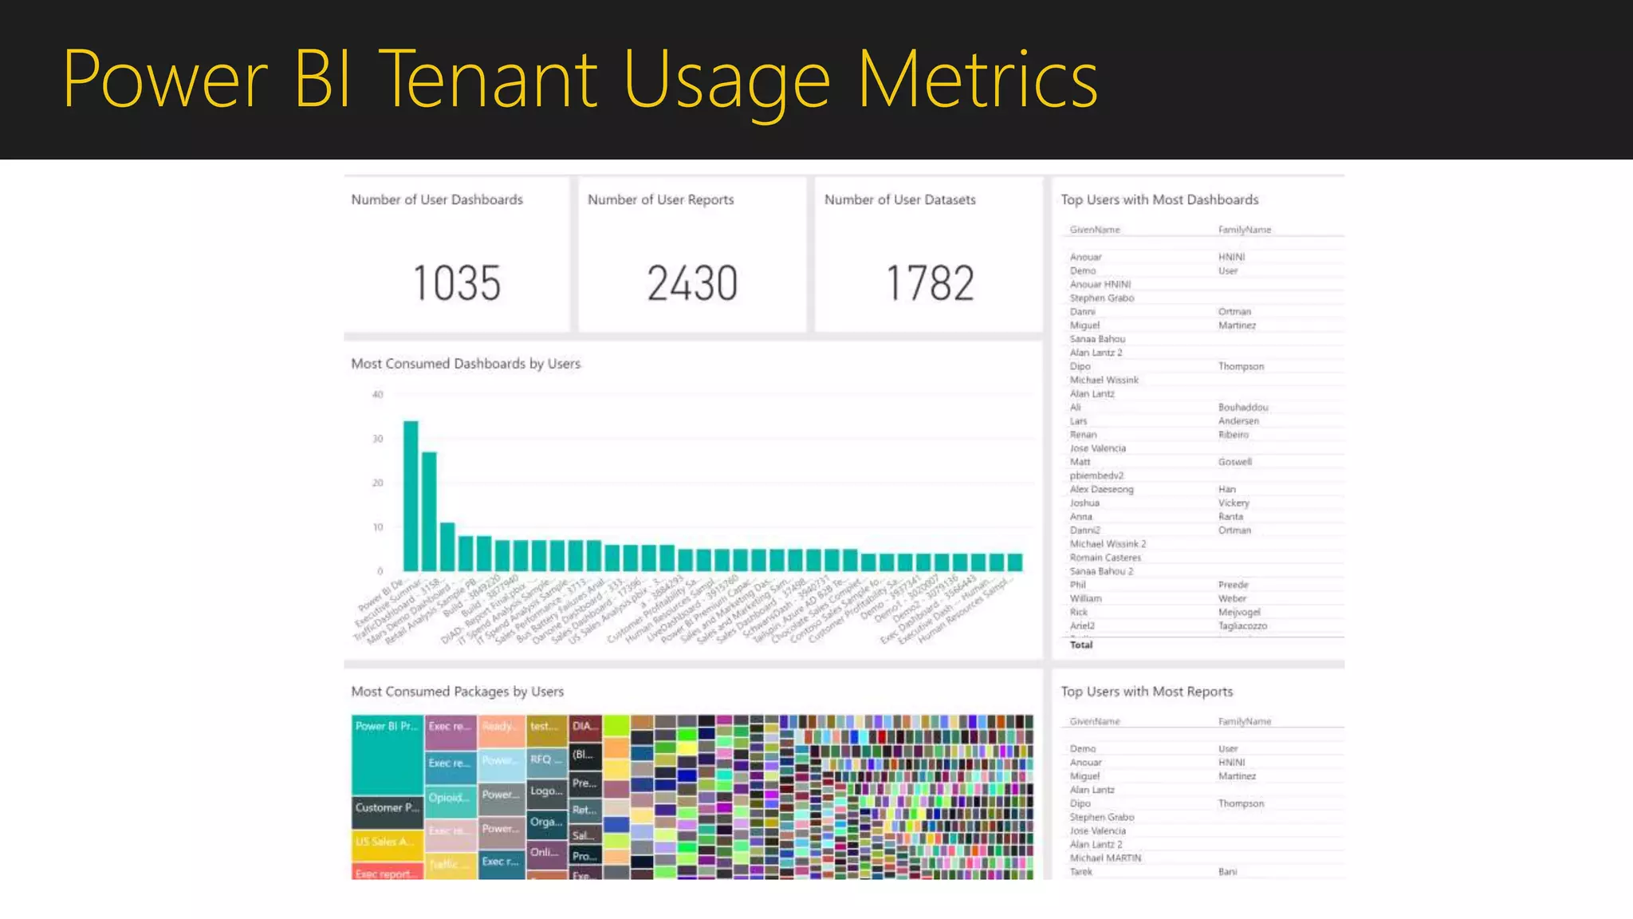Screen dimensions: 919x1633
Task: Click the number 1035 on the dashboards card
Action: point(456,284)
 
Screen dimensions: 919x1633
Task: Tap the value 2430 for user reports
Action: point(692,284)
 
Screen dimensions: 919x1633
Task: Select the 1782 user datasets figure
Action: point(930,284)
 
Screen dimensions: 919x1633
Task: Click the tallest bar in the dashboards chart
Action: point(411,495)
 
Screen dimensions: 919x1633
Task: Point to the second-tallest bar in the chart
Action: point(429,511)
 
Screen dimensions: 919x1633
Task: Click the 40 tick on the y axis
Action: point(377,395)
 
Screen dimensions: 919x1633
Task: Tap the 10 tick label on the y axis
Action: point(377,527)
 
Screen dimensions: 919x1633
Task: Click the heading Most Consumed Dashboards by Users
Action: point(466,364)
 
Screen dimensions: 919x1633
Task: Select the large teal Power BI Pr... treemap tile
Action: point(387,754)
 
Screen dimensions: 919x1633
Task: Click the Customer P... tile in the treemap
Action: point(387,808)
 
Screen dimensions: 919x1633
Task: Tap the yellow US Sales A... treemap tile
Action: point(386,842)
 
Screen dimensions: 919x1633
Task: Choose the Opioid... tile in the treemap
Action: point(450,799)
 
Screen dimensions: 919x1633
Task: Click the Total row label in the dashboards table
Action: point(1081,645)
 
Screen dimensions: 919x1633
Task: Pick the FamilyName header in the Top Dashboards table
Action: point(1244,230)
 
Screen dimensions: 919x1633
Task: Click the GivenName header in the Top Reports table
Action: point(1094,721)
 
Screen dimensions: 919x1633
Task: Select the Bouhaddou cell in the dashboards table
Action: point(1242,408)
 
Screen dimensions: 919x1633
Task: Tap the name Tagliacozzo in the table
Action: point(1242,626)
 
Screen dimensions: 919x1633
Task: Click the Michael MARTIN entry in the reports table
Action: point(1105,858)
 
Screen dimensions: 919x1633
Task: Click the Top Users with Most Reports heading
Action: point(1146,692)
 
